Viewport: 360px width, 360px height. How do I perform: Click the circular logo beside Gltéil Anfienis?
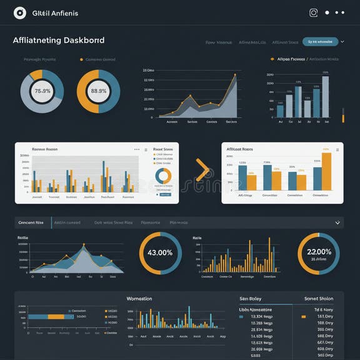coord(20,12)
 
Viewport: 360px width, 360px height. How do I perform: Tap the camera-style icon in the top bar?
coord(314,12)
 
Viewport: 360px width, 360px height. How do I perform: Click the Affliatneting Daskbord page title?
coord(59,41)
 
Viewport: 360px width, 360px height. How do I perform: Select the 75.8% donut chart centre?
coord(42,91)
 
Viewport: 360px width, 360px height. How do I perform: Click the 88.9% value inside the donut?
coord(99,91)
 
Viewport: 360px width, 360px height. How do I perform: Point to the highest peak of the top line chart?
coord(235,76)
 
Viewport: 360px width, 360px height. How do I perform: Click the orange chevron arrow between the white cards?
coord(202,170)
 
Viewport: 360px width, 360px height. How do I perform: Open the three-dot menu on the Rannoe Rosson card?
coord(137,150)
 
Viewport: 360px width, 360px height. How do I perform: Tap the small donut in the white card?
coord(163,176)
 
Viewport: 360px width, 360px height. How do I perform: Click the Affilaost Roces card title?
coord(240,150)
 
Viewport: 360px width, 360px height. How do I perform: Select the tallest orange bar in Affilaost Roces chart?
coord(326,171)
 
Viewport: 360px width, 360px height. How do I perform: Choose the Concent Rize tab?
coord(31,222)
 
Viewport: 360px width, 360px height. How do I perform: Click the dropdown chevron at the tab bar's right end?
coord(338,222)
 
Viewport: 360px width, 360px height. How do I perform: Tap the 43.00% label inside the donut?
coord(160,253)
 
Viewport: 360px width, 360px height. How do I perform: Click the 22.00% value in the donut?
coord(319,252)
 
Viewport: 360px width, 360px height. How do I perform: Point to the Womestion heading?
coord(139,299)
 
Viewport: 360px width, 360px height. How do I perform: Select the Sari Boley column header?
coord(251,299)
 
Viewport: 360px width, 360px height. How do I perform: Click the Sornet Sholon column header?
coord(319,299)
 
